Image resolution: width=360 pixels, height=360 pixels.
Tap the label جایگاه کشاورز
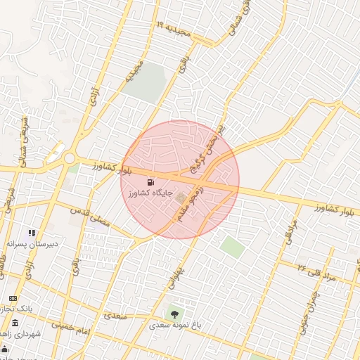pyautogui.click(x=150, y=193)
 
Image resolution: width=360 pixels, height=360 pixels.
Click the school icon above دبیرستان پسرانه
pyautogui.click(x=32, y=232)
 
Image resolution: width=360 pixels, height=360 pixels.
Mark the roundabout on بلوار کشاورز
pyautogui.click(x=70, y=159)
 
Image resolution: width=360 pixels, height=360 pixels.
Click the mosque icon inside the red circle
pyautogui.click(x=180, y=198)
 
